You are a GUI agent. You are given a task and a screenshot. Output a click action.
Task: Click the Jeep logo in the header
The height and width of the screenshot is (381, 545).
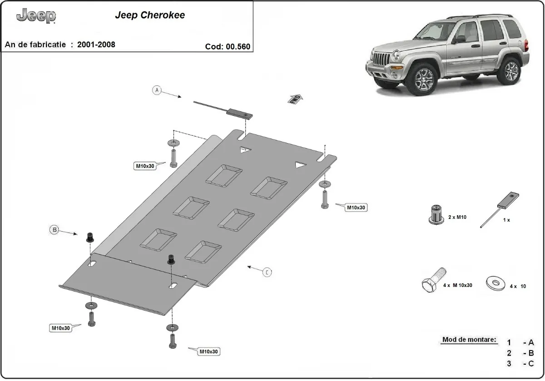(36, 16)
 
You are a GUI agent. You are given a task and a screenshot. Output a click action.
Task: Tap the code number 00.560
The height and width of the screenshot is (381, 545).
(237, 46)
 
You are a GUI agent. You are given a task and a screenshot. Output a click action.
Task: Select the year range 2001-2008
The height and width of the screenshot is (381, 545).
(96, 45)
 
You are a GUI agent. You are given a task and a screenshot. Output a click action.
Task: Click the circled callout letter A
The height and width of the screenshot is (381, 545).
(157, 90)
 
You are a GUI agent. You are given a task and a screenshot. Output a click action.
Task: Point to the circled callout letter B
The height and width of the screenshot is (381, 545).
(54, 230)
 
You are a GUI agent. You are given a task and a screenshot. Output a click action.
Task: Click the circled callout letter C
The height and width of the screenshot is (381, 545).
(268, 272)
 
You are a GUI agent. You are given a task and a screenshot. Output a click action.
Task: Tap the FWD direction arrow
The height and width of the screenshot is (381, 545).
(294, 99)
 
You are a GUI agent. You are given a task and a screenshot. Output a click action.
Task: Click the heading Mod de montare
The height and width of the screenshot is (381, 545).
(469, 340)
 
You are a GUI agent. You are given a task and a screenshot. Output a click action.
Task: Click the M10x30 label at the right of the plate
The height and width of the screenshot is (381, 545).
(356, 208)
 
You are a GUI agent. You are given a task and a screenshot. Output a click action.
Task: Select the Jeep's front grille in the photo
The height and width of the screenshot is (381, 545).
(380, 60)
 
